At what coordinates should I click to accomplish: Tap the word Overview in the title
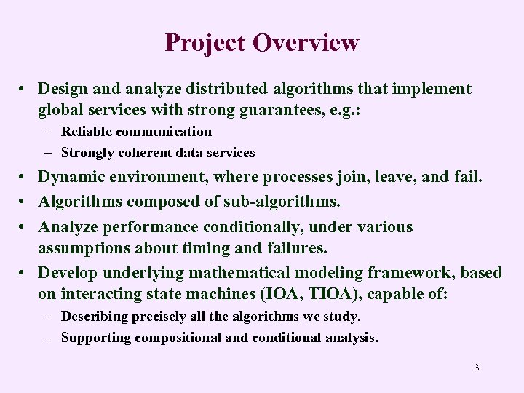[306, 42]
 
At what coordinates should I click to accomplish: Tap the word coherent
[138, 153]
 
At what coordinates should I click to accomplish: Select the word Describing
[96, 317]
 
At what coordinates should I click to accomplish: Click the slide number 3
[477, 368]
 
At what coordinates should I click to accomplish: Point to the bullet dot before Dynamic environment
[25, 177]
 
